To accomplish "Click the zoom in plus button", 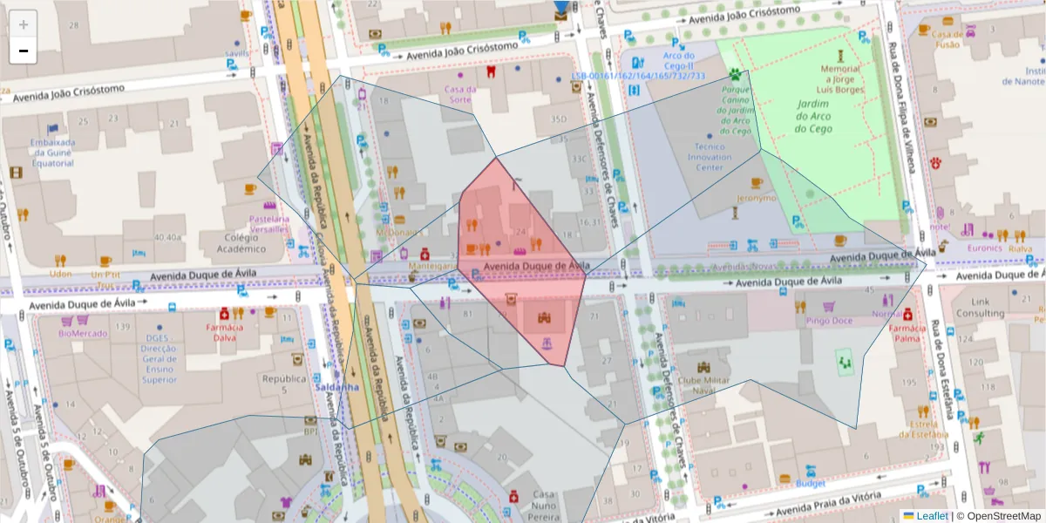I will [x=24, y=25].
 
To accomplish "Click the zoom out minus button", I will [x=24, y=51].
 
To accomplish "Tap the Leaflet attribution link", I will [x=931, y=515].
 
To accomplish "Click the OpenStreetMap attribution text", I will [x=998, y=515].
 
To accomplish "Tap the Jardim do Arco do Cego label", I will [x=812, y=117].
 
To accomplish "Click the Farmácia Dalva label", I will [x=225, y=332].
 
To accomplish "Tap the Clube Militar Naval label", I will [x=702, y=385].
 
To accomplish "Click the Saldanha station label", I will [x=332, y=387].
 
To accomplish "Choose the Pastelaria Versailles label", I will [x=268, y=224].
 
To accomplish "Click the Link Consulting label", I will [x=980, y=308].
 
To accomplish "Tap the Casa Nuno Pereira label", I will [x=544, y=506].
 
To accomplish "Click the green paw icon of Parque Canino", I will [x=736, y=74].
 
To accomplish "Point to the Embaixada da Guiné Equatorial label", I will [x=52, y=153].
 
